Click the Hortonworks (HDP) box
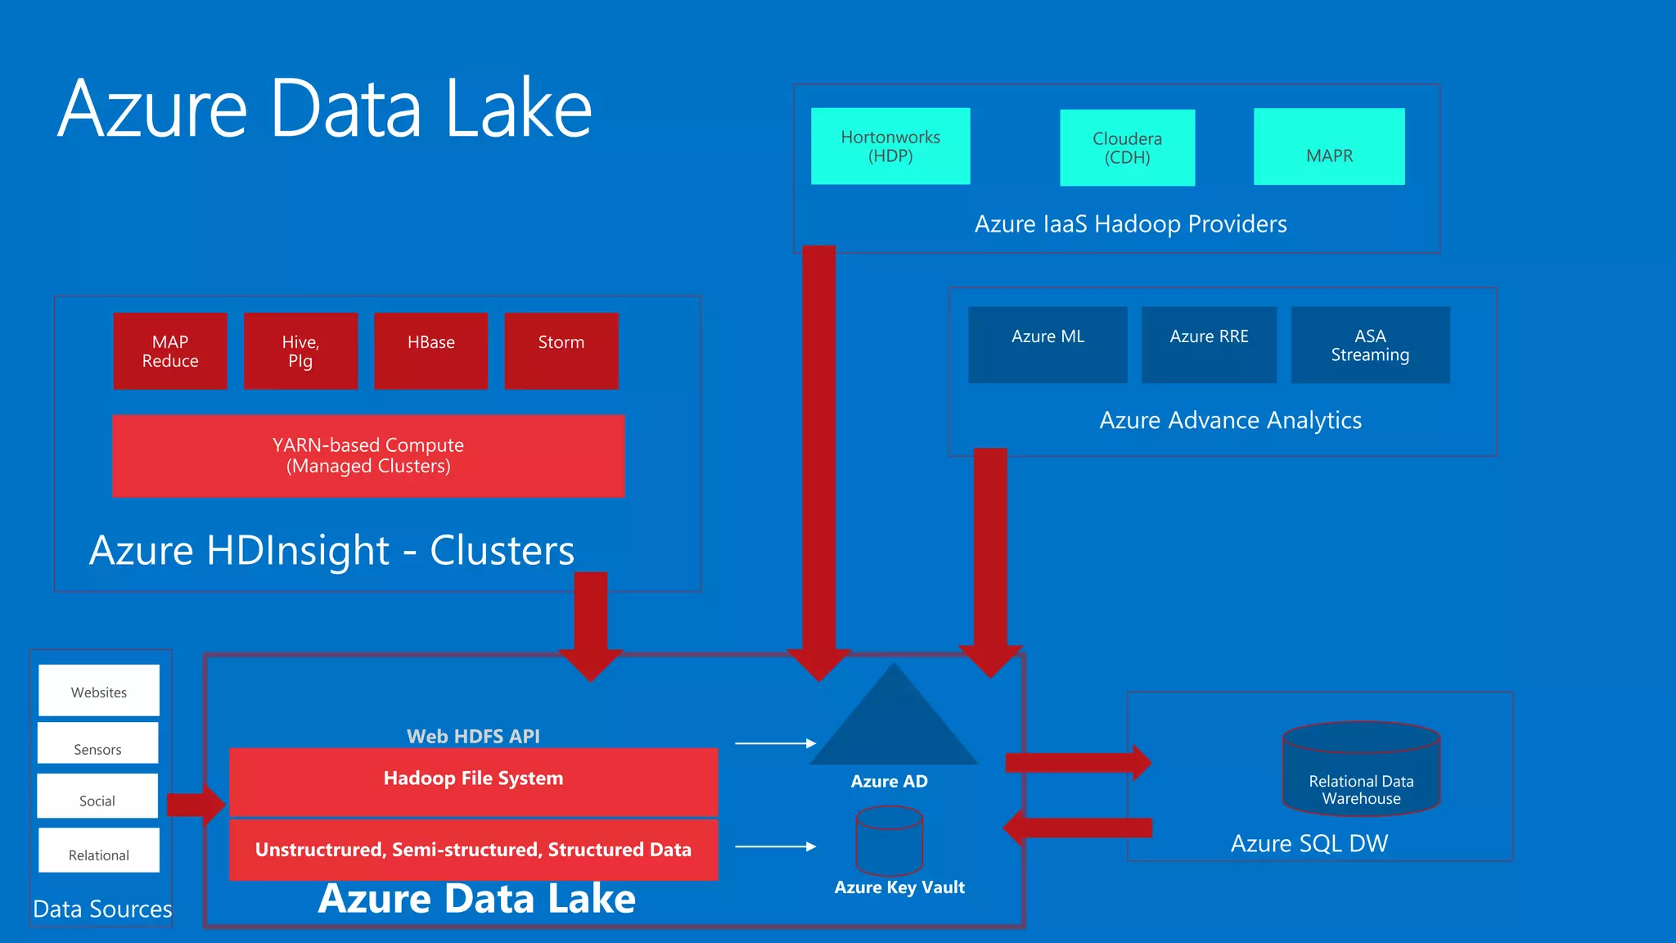[890, 146]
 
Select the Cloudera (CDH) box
[1127, 147]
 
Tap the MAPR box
[1329, 147]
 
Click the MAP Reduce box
[170, 351]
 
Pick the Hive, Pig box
[300, 351]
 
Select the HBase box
[430, 351]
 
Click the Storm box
[561, 351]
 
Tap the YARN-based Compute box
[368, 456]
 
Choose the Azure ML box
[1047, 345]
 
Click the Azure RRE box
[1209, 345]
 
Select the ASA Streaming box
[1370, 345]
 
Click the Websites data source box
[99, 690]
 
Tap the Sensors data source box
[97, 743]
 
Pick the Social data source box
[97, 796]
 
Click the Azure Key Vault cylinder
[889, 841]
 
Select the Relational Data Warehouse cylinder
[1361, 769]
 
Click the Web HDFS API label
[473, 736]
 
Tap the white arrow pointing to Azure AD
[775, 743]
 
